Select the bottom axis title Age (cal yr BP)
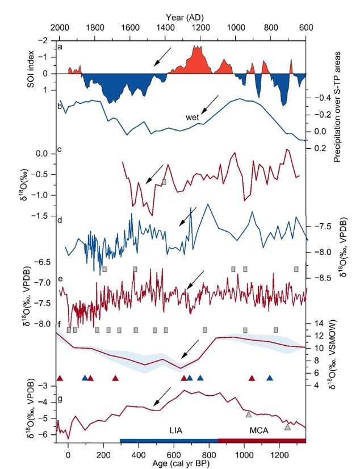182,462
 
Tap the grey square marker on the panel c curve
164,182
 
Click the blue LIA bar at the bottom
169,441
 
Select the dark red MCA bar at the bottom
262,441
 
